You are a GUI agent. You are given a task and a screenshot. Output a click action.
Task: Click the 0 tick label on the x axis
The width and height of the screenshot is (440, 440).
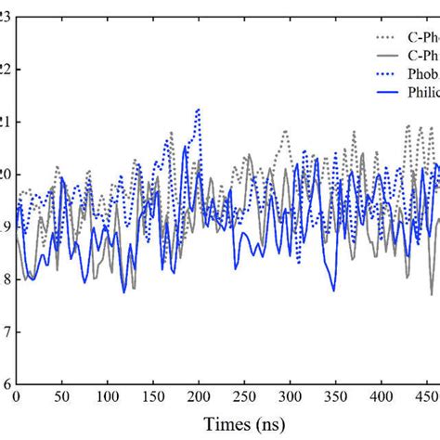[x=16, y=397]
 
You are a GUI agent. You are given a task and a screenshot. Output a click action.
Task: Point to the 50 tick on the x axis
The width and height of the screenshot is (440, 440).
[x=61, y=397]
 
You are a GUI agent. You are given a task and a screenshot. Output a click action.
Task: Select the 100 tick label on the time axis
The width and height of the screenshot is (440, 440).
[x=107, y=397]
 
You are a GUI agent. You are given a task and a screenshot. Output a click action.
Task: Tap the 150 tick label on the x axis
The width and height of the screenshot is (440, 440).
[x=152, y=397]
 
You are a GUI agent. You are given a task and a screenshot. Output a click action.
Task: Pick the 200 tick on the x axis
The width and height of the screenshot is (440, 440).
[x=198, y=397]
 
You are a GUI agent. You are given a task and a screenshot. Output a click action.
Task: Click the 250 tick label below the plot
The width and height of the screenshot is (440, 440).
[x=243, y=397]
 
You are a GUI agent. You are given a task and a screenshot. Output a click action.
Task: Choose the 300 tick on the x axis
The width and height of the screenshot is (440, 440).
[x=289, y=397]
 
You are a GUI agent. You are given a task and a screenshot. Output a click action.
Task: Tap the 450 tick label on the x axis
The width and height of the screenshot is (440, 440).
[x=424, y=397]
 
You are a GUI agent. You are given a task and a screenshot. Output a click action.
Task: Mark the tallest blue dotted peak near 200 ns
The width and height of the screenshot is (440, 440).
[x=197, y=110]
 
